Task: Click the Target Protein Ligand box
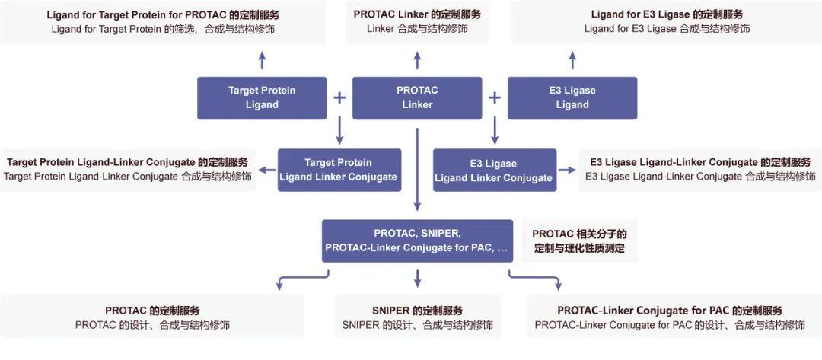(262, 97)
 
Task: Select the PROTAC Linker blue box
(417, 97)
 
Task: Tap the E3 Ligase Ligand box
(572, 97)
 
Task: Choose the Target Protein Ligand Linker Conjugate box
(339, 170)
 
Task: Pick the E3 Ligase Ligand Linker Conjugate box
(494, 170)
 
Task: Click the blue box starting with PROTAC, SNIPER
(417, 241)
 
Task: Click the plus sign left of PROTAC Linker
(339, 97)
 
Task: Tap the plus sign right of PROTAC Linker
(495, 97)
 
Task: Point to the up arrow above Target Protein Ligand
(262, 59)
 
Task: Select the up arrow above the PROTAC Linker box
(417, 59)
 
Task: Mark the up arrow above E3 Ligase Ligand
(572, 59)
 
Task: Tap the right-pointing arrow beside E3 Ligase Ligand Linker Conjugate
(567, 170)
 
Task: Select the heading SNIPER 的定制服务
(417, 311)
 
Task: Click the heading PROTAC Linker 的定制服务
(417, 14)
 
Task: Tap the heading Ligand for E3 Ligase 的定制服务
(667, 14)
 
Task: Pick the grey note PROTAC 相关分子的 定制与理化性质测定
(579, 241)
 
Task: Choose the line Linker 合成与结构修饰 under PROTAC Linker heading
(417, 29)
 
